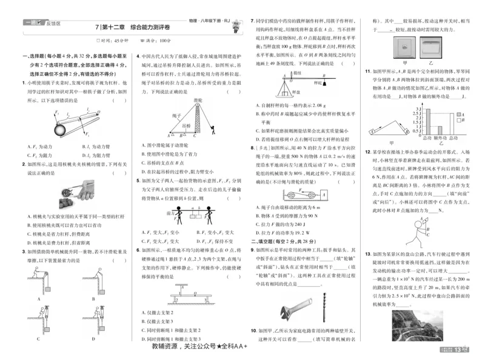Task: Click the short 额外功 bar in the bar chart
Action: click(441, 131)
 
